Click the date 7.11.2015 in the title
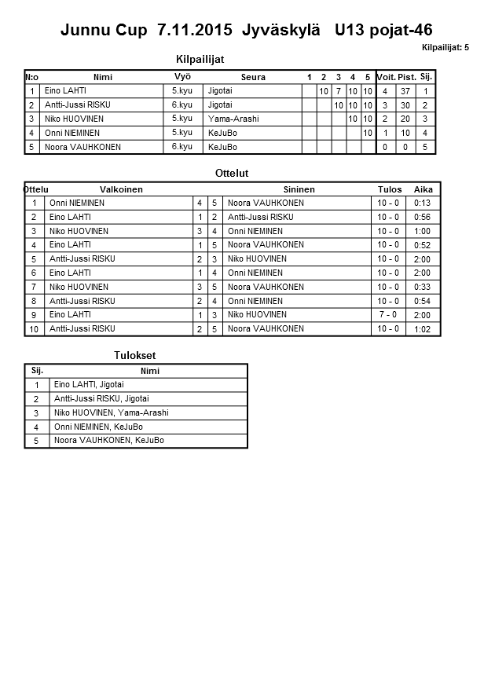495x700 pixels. pyautogui.click(x=194, y=31)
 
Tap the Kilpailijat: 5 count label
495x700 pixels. pyautogui.click(x=445, y=48)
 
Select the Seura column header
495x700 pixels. pyautogui.click(x=253, y=77)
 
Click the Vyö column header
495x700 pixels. pyautogui.click(x=182, y=76)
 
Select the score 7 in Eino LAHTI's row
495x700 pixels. pyautogui.click(x=338, y=91)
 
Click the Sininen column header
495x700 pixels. pyautogui.click(x=299, y=189)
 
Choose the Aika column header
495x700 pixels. pyautogui.click(x=423, y=189)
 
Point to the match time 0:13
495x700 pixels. pyautogui.click(x=423, y=203)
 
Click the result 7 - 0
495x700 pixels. pyautogui.click(x=388, y=314)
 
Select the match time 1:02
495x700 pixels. pyautogui.click(x=423, y=329)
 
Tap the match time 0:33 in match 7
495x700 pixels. pyautogui.click(x=423, y=287)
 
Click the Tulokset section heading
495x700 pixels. pyautogui.click(x=130, y=356)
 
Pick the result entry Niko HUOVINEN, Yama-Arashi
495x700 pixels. pyautogui.click(x=111, y=412)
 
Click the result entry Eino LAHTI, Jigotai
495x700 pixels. pyautogui.click(x=89, y=384)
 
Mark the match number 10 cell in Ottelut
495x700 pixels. pyautogui.click(x=35, y=329)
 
